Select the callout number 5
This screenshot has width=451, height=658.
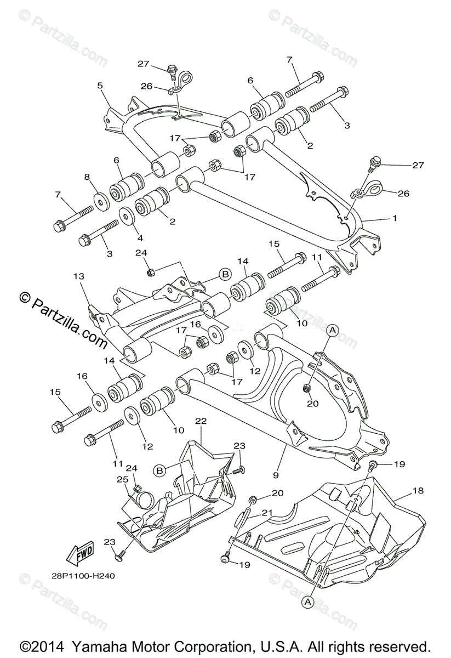(100, 86)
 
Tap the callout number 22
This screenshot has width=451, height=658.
(201, 421)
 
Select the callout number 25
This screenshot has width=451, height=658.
(123, 479)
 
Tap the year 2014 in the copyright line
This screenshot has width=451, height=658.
(44, 646)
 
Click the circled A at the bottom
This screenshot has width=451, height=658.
(307, 601)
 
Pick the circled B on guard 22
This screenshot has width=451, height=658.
(159, 470)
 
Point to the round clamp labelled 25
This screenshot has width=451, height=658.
(144, 499)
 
